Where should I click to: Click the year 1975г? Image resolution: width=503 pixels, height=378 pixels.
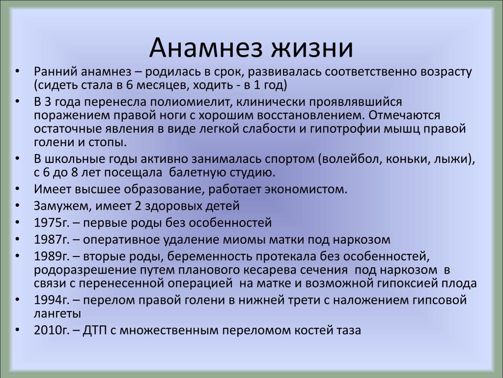tap(52, 223)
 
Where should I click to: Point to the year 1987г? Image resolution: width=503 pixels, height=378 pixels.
tap(52, 240)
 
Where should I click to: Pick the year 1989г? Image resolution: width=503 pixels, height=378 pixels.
tap(52, 256)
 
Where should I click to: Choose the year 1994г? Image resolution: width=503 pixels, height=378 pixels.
tap(52, 300)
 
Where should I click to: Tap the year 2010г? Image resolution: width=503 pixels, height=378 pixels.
tap(52, 330)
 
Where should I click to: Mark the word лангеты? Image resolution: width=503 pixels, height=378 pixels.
tap(57, 314)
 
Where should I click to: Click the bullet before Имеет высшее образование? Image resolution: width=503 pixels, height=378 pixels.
tap(17, 189)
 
